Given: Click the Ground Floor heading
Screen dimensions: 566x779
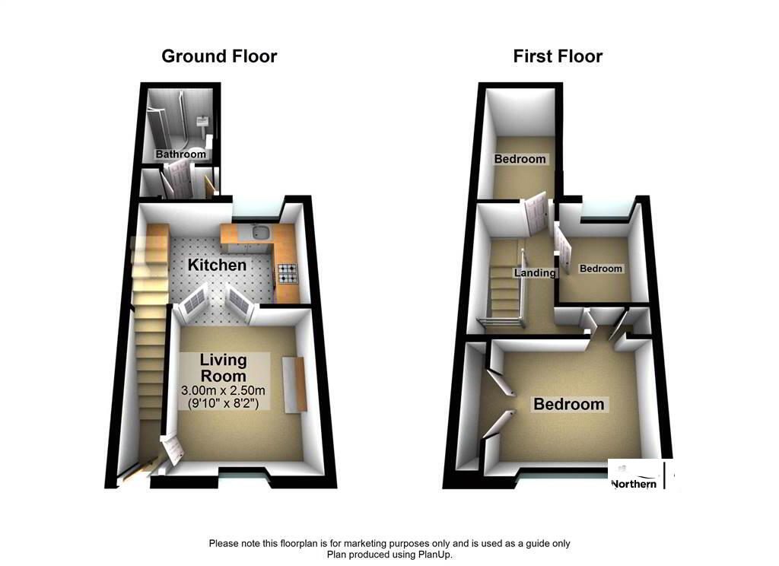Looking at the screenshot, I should click(219, 56).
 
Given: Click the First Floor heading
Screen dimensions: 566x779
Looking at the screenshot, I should click(558, 56).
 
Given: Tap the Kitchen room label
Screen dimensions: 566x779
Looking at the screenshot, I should click(218, 265).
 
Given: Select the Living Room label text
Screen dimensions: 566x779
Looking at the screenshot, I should click(223, 367).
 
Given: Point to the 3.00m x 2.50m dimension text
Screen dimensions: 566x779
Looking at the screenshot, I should click(222, 390).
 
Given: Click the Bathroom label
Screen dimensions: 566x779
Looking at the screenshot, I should click(181, 154).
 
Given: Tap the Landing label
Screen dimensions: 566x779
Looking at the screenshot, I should click(536, 273).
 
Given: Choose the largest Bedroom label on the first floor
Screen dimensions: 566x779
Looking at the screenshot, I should click(568, 405).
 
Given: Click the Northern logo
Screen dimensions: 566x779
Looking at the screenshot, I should click(635, 482).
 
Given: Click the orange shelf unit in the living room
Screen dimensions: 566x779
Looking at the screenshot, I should click(294, 385).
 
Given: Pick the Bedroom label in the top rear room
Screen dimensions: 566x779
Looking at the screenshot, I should click(520, 159).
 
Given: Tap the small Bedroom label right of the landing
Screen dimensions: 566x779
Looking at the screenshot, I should click(601, 269).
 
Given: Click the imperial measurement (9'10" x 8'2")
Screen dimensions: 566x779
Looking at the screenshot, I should click(222, 403).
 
